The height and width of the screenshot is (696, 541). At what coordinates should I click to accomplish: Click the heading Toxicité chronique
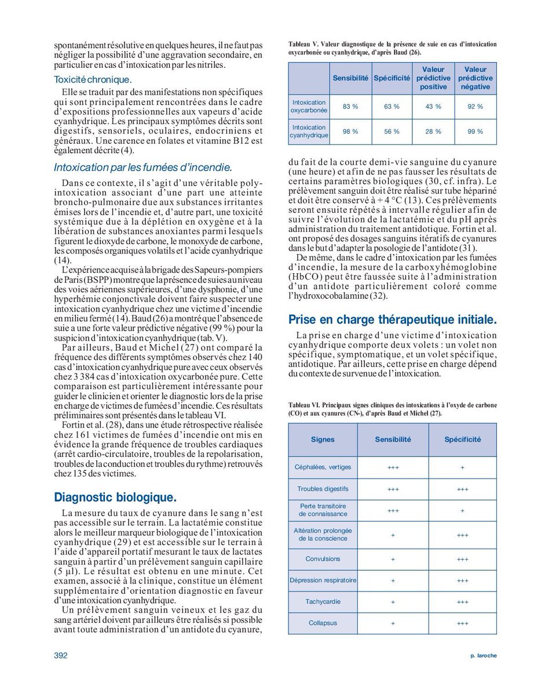click(x=93, y=79)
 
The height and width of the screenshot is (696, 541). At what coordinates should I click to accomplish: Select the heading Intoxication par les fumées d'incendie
click(x=142, y=168)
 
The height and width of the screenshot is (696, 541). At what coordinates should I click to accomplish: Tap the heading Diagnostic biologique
click(x=115, y=497)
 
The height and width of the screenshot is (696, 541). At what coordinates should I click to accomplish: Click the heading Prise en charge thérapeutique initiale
click(x=392, y=319)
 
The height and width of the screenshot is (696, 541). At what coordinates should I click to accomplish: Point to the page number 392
click(x=61, y=655)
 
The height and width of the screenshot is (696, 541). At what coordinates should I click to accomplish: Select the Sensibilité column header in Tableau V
click(x=350, y=78)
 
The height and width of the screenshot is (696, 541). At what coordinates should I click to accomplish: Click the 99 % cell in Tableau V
click(x=475, y=132)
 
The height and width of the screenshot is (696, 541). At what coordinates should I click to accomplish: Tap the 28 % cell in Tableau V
click(x=433, y=132)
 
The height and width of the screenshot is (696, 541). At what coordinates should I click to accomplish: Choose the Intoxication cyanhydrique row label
click(x=309, y=132)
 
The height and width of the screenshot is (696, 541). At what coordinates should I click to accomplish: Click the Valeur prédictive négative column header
click(x=475, y=78)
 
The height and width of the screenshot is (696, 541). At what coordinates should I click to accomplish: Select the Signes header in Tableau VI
click(x=323, y=440)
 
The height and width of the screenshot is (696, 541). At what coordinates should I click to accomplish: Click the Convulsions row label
click(x=323, y=559)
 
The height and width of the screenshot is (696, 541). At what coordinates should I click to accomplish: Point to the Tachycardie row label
click(x=323, y=602)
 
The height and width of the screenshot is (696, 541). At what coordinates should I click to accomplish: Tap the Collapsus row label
click(x=323, y=623)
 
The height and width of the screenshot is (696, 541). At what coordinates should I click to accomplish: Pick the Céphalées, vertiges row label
click(x=323, y=467)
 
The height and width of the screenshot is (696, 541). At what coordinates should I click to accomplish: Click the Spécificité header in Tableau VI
click(x=462, y=440)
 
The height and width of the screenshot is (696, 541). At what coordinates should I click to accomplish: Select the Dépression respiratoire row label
click(x=323, y=581)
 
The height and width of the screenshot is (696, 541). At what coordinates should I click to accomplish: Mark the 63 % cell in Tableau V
click(x=392, y=107)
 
